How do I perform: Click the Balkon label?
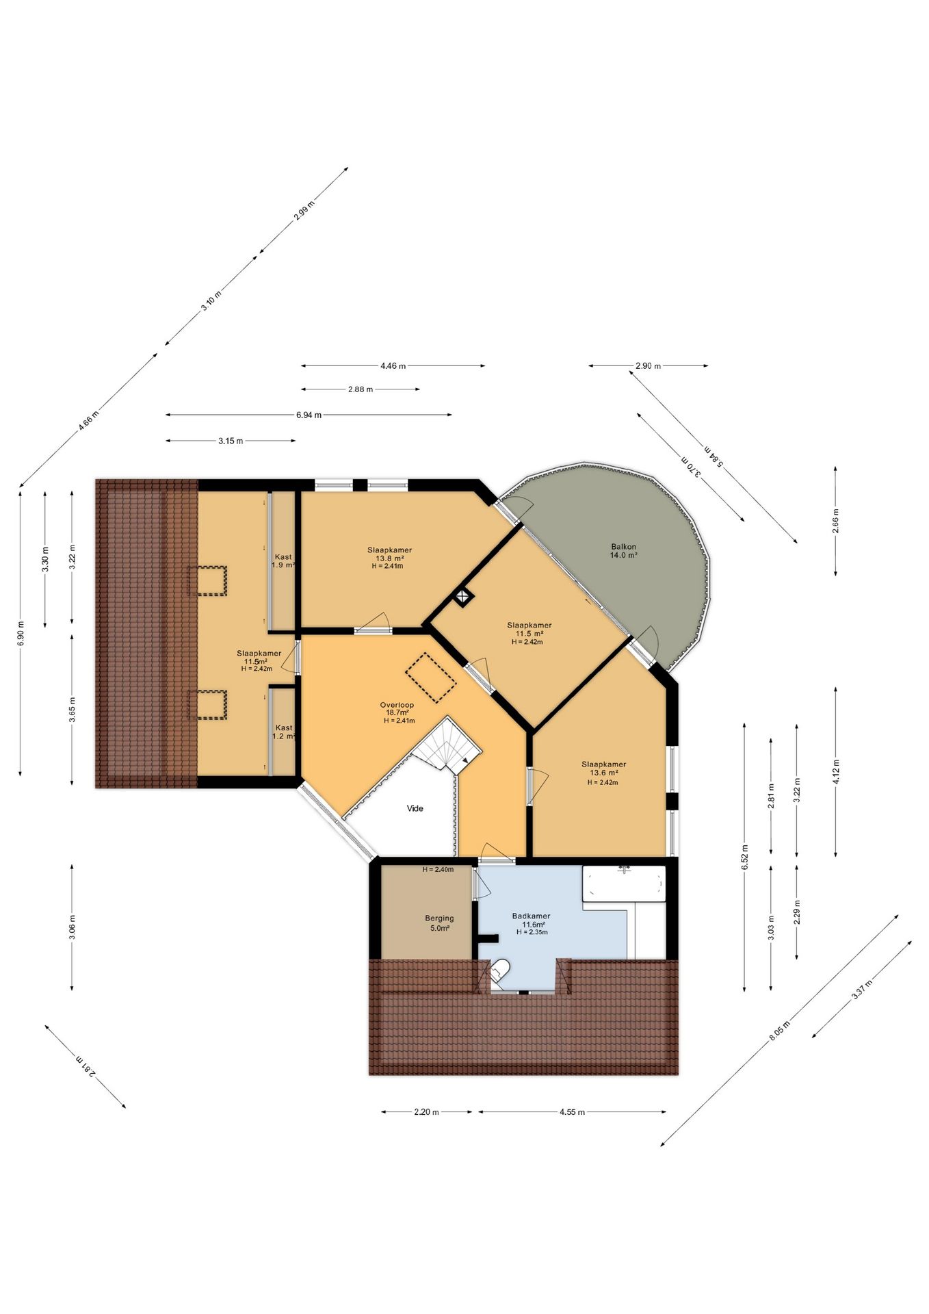pyautogui.click(x=624, y=547)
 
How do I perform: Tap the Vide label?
pyautogui.click(x=415, y=808)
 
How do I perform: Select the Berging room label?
pyautogui.click(x=439, y=918)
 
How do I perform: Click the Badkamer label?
pyautogui.click(x=532, y=916)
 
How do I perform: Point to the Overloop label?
pyautogui.click(x=397, y=705)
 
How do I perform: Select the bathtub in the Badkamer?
pyautogui.click(x=624, y=884)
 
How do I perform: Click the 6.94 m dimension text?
pyautogui.click(x=309, y=415)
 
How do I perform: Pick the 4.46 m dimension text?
pyautogui.click(x=393, y=366)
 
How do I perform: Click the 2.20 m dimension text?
pyautogui.click(x=426, y=1112)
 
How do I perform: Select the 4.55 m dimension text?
pyautogui.click(x=572, y=1112)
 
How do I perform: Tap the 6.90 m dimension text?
pyautogui.click(x=21, y=633)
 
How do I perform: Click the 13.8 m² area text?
pyautogui.click(x=389, y=558)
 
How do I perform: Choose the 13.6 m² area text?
pyautogui.click(x=603, y=773)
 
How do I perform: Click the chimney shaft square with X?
pyautogui.click(x=463, y=596)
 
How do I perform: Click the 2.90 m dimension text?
pyautogui.click(x=649, y=366)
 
